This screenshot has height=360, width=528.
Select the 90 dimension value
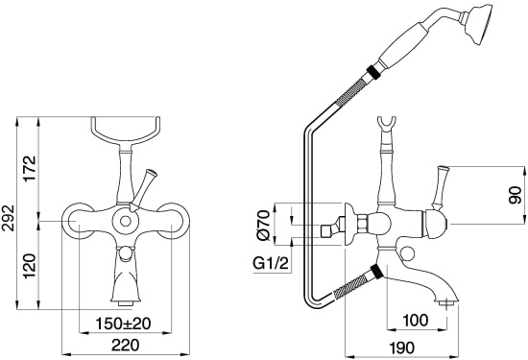516,195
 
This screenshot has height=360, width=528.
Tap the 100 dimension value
416,319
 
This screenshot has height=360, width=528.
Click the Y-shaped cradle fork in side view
388,125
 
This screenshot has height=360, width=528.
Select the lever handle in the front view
147,183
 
